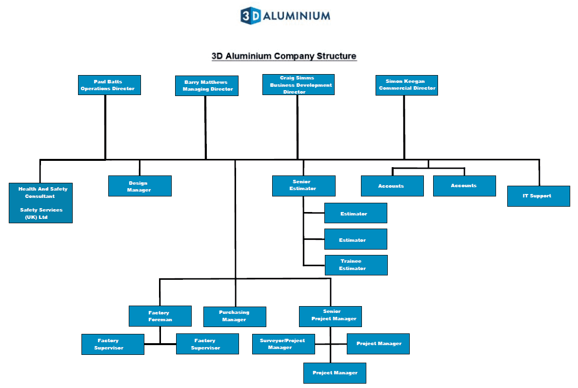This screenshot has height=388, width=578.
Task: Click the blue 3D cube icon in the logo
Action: tap(251, 16)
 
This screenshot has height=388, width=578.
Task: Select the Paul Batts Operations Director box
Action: tap(109, 85)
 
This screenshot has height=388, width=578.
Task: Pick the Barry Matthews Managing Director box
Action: tap(207, 86)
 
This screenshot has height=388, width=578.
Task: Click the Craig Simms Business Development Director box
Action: tap(298, 84)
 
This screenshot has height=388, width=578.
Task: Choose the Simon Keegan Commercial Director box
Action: tap(406, 85)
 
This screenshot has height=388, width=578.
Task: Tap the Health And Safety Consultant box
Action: tap(40, 193)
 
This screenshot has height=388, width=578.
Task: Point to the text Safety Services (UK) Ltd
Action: tap(40, 213)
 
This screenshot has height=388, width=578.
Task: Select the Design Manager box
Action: tap(140, 186)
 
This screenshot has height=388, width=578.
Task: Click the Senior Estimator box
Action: tap(303, 185)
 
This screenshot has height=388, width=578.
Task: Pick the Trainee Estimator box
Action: tap(356, 265)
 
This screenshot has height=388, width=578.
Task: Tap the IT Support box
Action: tap(538, 196)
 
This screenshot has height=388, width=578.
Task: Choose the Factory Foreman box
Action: tap(159, 316)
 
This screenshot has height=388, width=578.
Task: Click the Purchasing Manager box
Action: tap(235, 316)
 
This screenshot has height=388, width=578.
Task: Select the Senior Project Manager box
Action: tap(330, 316)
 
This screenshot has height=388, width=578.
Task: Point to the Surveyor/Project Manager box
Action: tap(283, 344)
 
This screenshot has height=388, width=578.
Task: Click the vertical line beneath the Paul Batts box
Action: tap(105, 127)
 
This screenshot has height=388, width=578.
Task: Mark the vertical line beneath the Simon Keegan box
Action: tap(404, 127)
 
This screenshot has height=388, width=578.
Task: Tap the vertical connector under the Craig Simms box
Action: tap(298, 127)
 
